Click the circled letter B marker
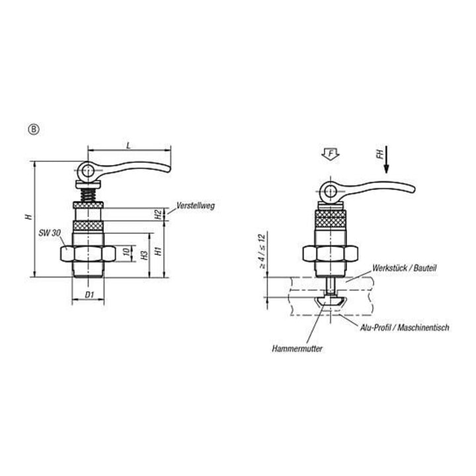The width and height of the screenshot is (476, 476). (x=34, y=130)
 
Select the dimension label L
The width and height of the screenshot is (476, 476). (x=129, y=145)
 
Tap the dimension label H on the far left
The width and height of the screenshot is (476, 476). (x=29, y=216)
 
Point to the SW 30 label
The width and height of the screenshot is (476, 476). (x=50, y=233)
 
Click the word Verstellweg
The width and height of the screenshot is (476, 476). (x=196, y=206)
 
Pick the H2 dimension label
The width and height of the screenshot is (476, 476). (x=158, y=214)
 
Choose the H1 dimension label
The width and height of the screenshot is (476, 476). (x=158, y=251)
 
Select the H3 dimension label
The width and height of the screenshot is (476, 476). (x=145, y=255)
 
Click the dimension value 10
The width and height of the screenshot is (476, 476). (x=126, y=252)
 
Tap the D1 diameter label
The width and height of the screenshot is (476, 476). (x=89, y=294)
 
